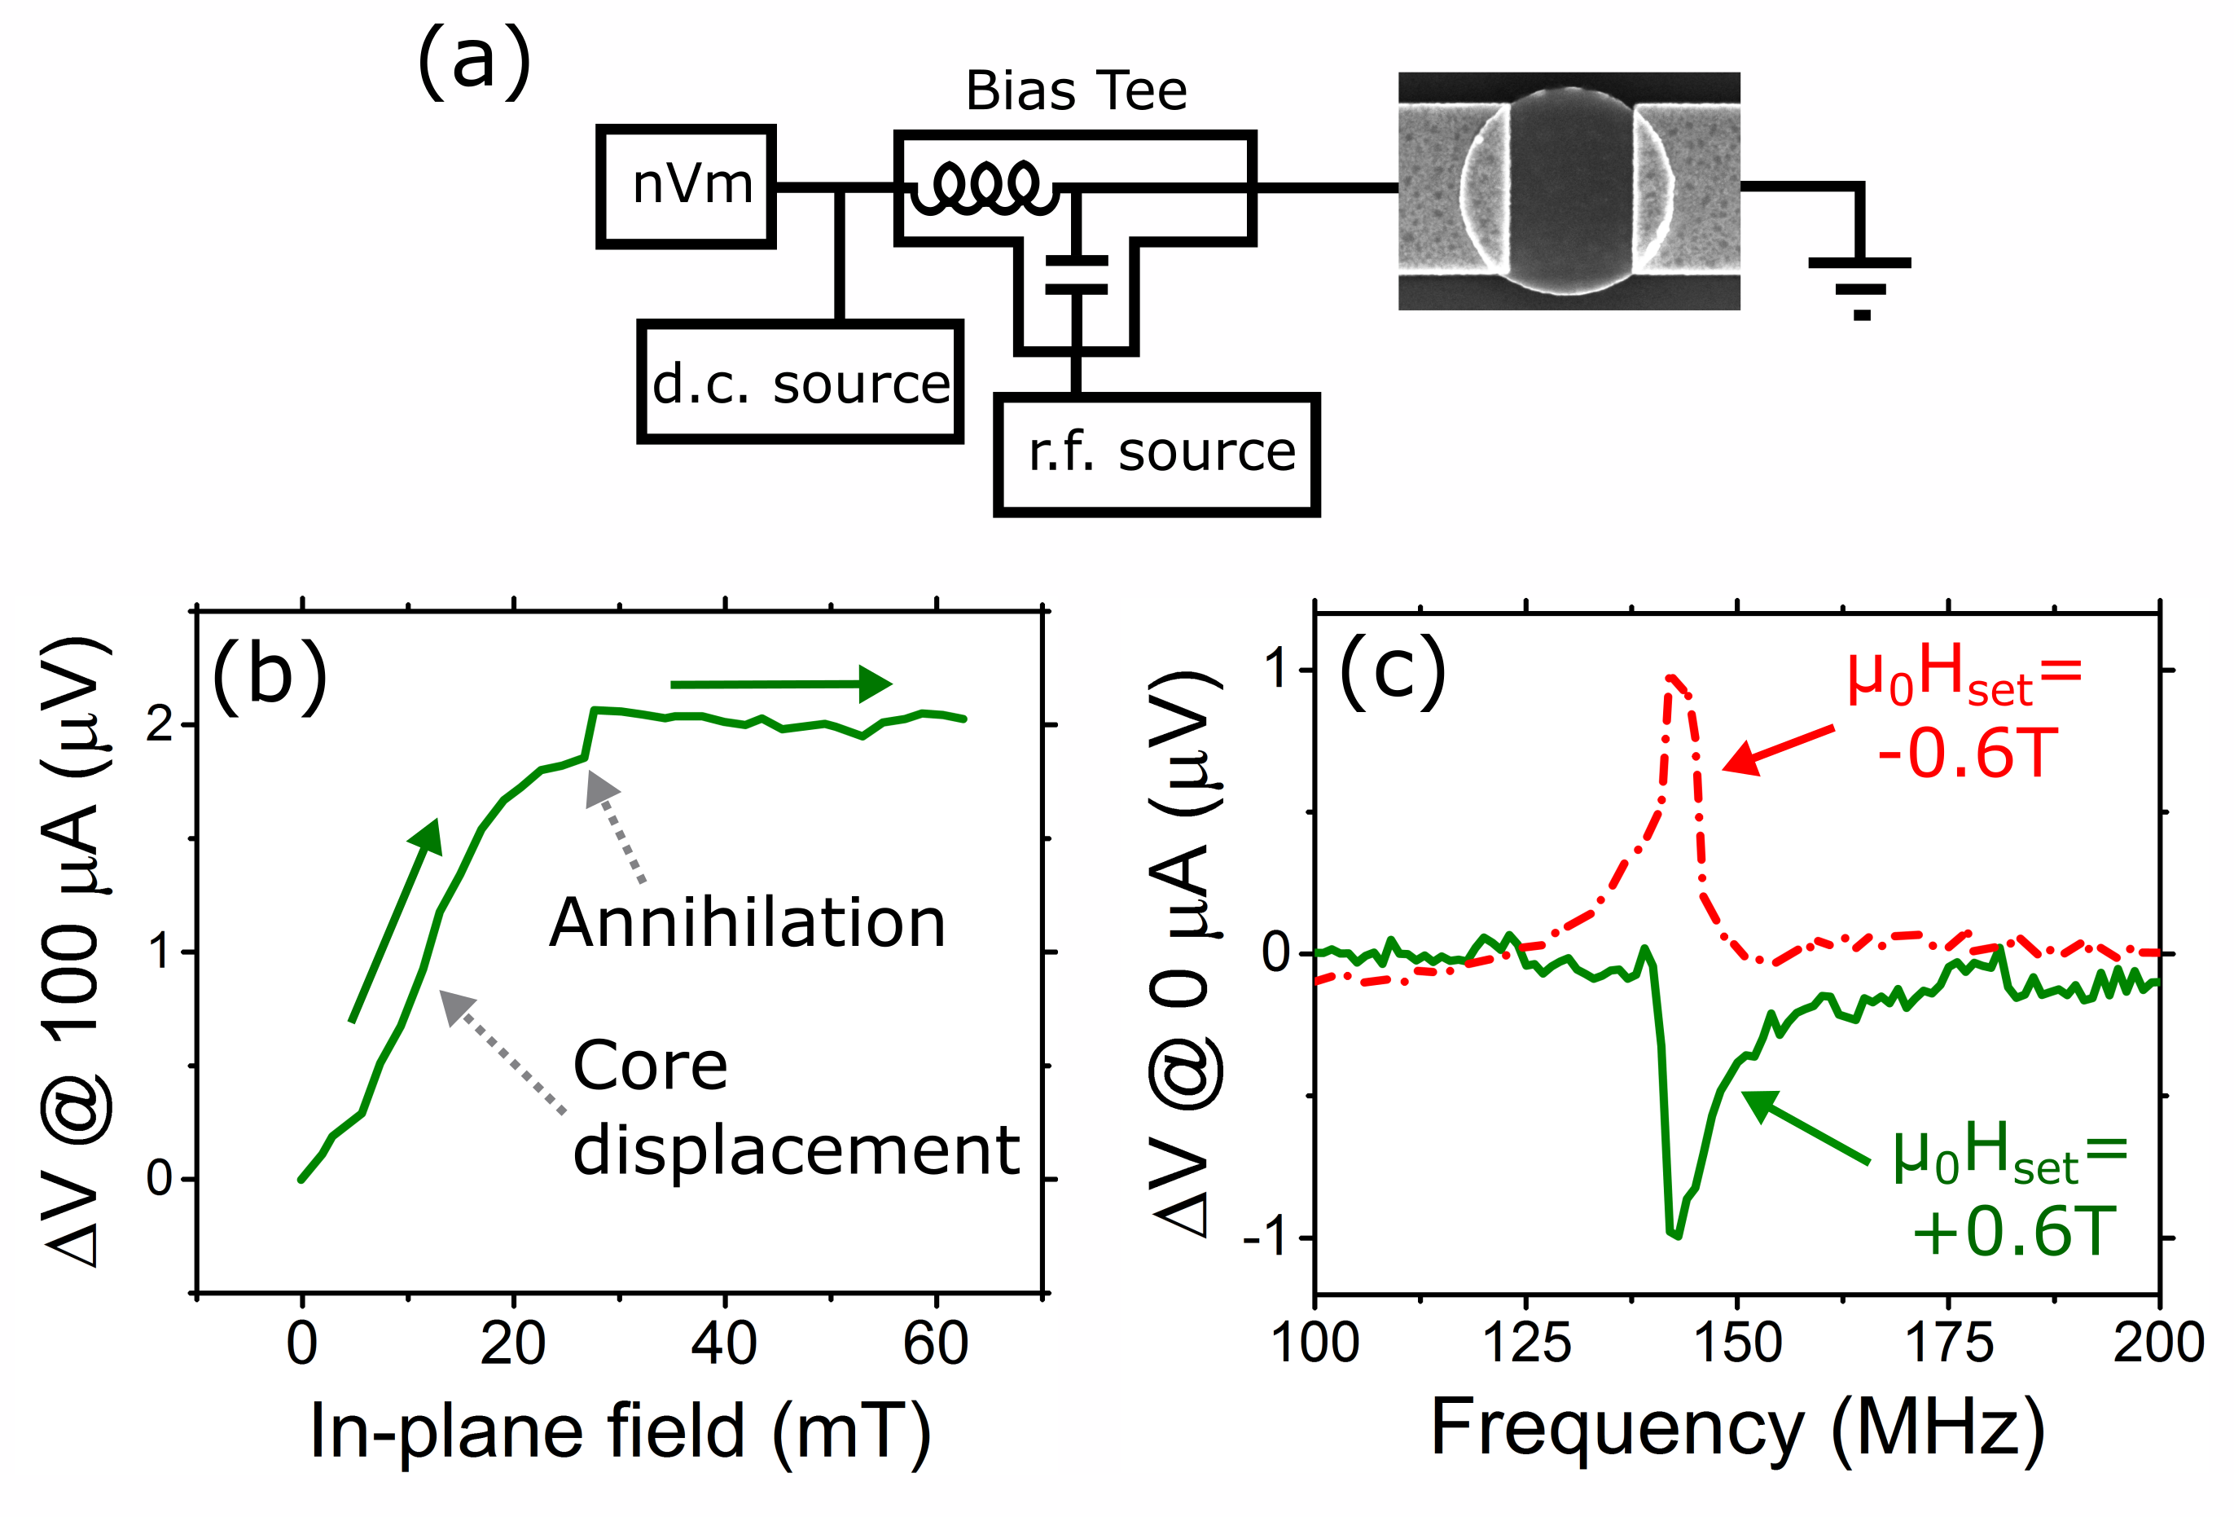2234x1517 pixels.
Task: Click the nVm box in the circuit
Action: click(686, 187)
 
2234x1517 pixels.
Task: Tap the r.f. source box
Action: click(1157, 455)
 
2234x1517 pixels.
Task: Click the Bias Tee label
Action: click(1076, 91)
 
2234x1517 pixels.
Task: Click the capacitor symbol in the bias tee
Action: click(1077, 274)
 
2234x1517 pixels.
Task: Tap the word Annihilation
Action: click(747, 923)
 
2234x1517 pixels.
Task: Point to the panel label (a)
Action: click(473, 63)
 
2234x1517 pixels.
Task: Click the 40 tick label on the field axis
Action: click(724, 1344)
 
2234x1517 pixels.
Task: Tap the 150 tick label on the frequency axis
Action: click(1737, 1344)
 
